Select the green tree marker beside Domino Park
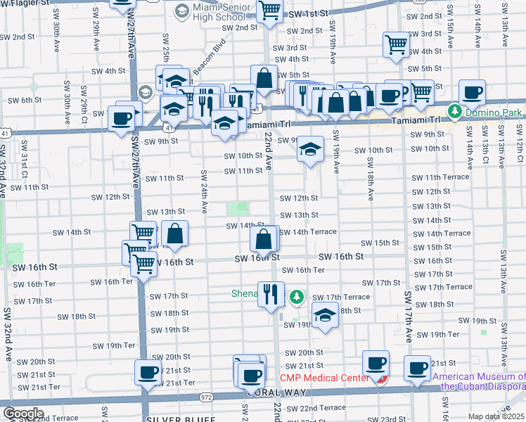(455, 112)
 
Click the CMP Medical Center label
(324, 378)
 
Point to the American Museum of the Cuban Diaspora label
(479, 381)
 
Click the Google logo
(23, 414)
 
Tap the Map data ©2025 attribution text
(496, 416)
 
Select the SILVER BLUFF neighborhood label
(181, 418)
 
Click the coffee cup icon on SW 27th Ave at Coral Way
(147, 372)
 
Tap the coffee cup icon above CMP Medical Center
(376, 363)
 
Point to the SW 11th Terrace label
(440, 177)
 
